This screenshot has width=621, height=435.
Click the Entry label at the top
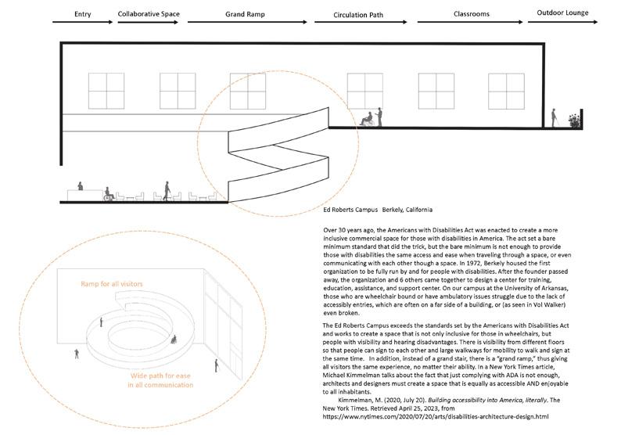coord(82,14)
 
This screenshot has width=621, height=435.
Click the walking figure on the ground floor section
coord(165,190)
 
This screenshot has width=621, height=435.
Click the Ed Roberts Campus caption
coord(378,210)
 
